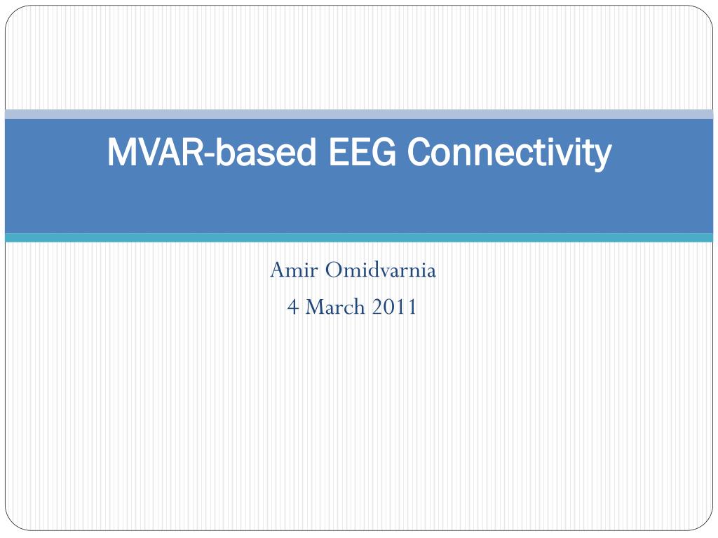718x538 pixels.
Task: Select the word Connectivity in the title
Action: pyautogui.click(x=509, y=152)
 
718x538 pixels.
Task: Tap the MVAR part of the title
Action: pyautogui.click(x=154, y=152)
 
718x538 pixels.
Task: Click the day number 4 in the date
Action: pyautogui.click(x=292, y=306)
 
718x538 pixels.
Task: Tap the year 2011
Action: pyautogui.click(x=396, y=306)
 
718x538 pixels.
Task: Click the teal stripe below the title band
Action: pyautogui.click(x=359, y=238)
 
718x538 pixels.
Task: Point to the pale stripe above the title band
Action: pyautogui.click(x=359, y=114)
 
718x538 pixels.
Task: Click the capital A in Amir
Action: pyautogui.click(x=277, y=270)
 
